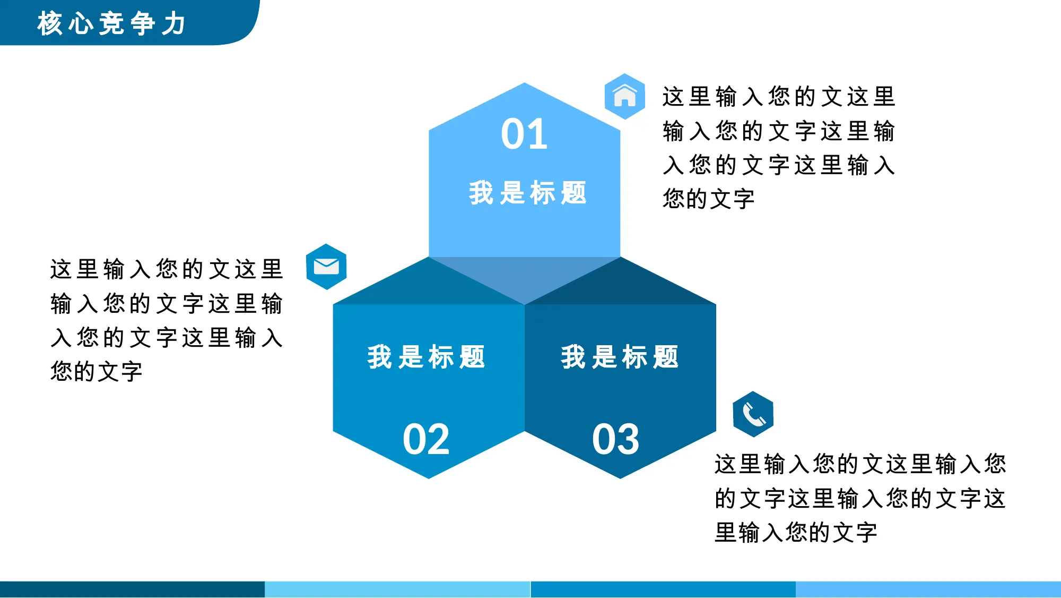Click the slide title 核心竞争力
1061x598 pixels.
tap(111, 23)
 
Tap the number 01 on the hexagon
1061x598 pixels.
tap(524, 134)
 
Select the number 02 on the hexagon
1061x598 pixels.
tap(426, 439)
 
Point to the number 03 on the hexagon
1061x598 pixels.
tap(616, 439)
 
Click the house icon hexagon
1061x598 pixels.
tap(625, 96)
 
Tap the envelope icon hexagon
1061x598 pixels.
tap(326, 267)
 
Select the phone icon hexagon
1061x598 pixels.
tap(753, 414)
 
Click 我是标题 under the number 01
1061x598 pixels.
tap(528, 192)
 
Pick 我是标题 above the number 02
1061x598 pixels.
tap(427, 356)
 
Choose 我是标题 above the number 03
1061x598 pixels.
tap(620, 356)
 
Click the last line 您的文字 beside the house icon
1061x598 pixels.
tap(708, 199)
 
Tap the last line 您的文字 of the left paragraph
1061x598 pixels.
tap(97, 371)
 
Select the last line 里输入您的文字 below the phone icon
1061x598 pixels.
tap(796, 532)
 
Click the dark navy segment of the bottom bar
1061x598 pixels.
tap(132, 590)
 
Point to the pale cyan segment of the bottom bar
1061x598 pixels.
tap(397, 590)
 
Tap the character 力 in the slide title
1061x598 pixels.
tap(174, 23)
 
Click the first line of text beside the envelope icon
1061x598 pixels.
tap(167, 269)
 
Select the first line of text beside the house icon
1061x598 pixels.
tap(779, 96)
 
